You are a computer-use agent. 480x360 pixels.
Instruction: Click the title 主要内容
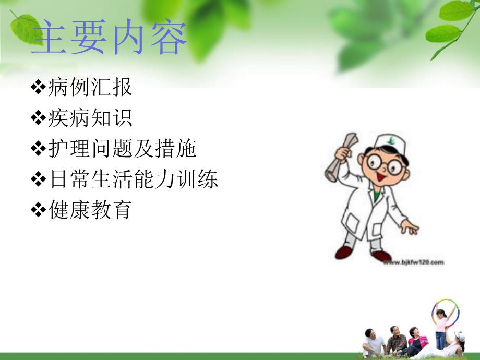click(x=109, y=38)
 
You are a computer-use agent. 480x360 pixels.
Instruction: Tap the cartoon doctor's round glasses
click(x=386, y=163)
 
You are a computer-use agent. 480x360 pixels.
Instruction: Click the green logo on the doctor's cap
click(x=392, y=140)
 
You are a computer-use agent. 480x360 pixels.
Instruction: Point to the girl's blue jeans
click(x=440, y=340)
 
